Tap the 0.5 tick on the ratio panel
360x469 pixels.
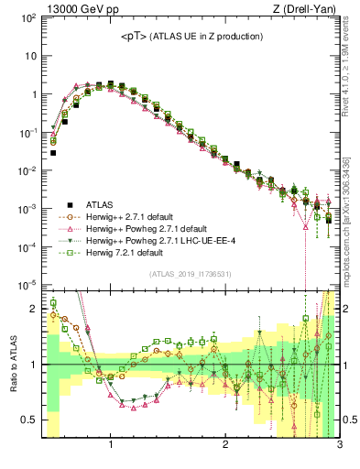click(x=29, y=420)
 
